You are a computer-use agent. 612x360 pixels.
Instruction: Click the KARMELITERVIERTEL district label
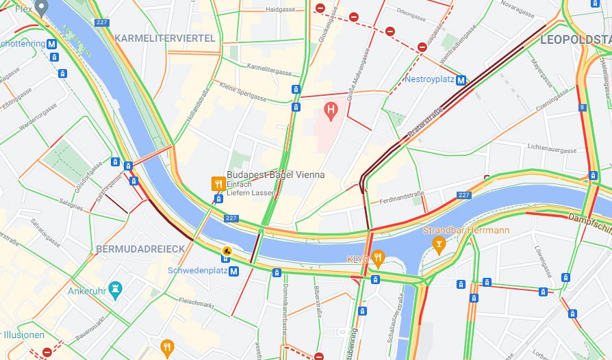[x=165, y=38]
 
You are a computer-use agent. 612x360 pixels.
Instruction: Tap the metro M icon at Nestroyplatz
[x=461, y=80]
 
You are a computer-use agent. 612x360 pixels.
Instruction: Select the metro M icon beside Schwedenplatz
[x=234, y=271]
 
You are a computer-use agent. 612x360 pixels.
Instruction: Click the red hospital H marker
[x=331, y=109]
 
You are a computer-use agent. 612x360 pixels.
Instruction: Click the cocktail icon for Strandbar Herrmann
[x=439, y=243]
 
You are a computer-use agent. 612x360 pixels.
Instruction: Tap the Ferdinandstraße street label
[x=402, y=198]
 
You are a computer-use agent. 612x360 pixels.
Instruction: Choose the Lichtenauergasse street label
[x=552, y=148]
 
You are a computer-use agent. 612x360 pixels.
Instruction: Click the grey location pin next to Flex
[x=42, y=9]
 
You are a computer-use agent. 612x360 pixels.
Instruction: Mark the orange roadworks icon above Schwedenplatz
[x=225, y=250]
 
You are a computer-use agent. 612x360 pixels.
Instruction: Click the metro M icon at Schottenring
[x=51, y=44]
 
